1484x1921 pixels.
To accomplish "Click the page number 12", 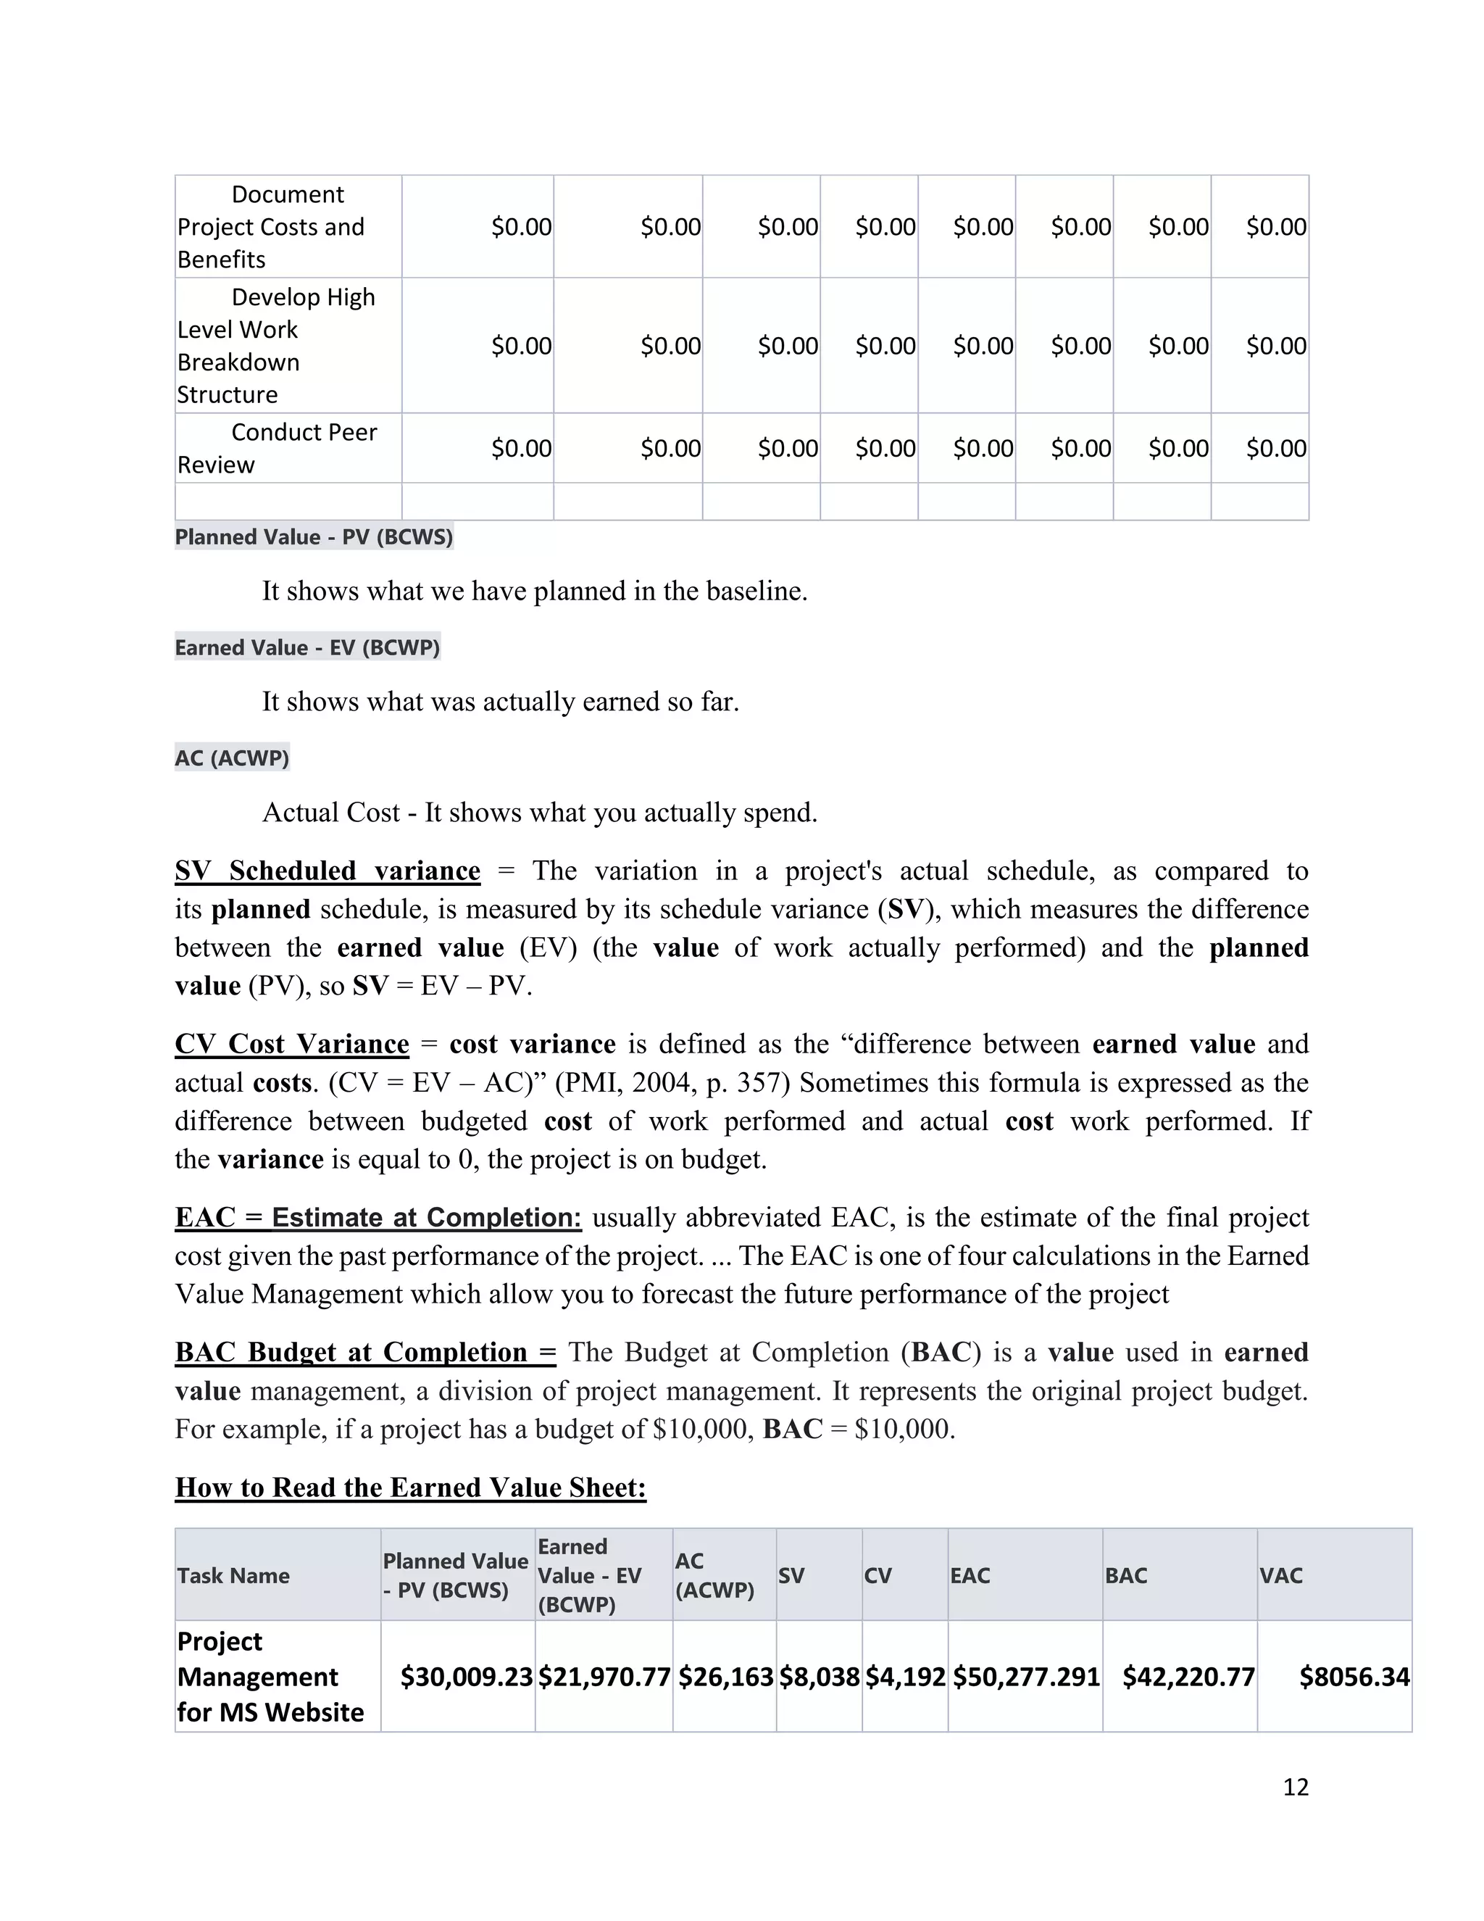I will click(x=1295, y=1786).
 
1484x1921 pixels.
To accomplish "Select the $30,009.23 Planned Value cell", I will click(x=466, y=1677).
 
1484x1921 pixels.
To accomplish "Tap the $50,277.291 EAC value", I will click(x=1025, y=1677).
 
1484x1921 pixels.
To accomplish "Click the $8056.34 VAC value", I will click(x=1354, y=1677).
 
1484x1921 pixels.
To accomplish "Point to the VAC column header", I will click(x=1280, y=1575).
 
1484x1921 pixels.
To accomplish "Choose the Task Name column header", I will click(x=234, y=1575).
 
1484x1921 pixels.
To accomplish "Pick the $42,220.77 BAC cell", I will click(x=1188, y=1677).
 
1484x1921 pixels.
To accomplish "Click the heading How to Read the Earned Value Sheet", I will click(x=411, y=1488).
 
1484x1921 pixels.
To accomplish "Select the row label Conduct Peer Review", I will click(x=277, y=448).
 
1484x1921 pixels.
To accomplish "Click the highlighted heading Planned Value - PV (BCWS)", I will click(x=314, y=536).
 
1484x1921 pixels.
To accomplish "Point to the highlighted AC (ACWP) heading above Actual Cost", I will click(x=232, y=758).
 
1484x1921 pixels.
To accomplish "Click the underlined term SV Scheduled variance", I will click(x=328, y=871).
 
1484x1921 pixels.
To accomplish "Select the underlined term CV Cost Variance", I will click(x=292, y=1044).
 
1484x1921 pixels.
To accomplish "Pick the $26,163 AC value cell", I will click(x=725, y=1677).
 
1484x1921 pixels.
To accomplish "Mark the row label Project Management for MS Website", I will click(x=270, y=1677).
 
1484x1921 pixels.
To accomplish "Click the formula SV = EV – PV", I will click(x=441, y=986).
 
